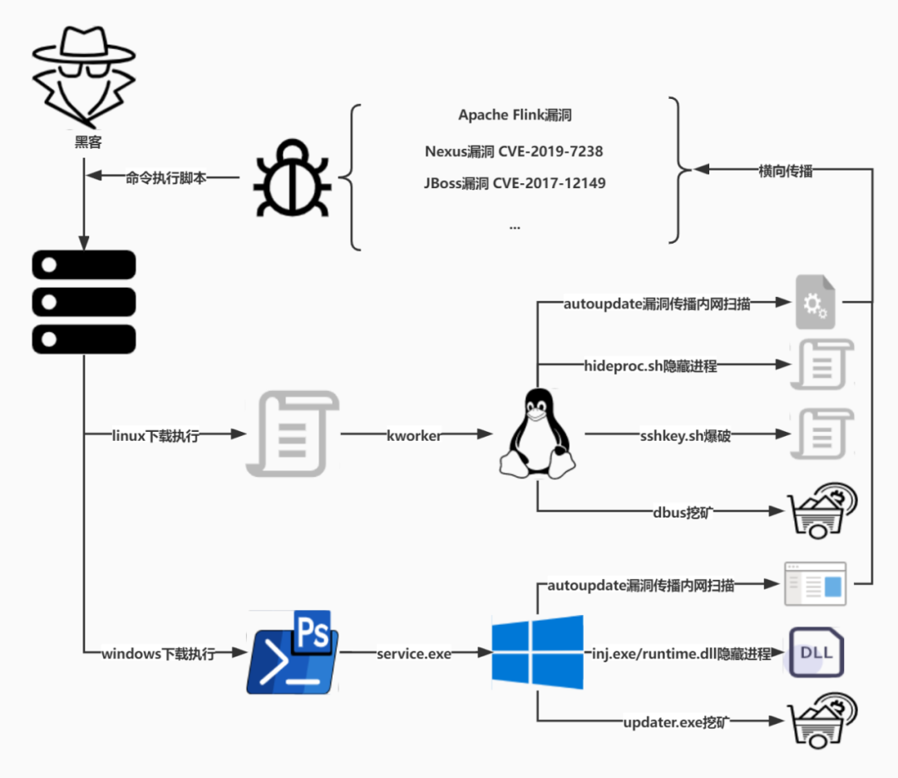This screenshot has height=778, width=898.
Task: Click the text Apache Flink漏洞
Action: (x=515, y=115)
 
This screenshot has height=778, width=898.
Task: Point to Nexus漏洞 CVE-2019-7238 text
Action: (x=514, y=151)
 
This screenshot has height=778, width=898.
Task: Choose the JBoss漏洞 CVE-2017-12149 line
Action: (x=514, y=183)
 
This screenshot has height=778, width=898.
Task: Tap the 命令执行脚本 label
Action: (x=165, y=177)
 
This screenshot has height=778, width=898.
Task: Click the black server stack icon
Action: (x=83, y=301)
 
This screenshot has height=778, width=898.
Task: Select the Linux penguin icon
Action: (x=537, y=434)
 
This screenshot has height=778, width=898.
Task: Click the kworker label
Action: (x=413, y=434)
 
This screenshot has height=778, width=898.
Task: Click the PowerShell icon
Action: (x=293, y=653)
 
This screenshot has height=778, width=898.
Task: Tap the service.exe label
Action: (x=413, y=654)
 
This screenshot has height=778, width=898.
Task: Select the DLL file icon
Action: (x=816, y=652)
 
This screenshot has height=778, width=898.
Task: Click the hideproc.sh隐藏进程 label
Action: (x=650, y=365)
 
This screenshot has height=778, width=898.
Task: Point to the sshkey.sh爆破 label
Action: (x=685, y=435)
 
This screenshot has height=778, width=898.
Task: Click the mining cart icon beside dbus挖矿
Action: (x=822, y=511)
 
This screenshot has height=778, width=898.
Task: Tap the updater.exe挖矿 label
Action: (x=675, y=721)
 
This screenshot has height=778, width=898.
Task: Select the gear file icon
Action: (x=815, y=301)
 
